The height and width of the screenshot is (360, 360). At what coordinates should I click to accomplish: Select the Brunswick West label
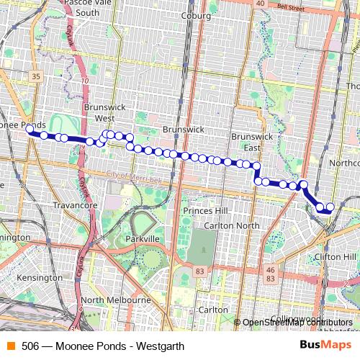coord(105,112)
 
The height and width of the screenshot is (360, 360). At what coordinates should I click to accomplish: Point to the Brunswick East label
coord(252,141)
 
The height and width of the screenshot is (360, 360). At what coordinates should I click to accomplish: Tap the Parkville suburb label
coord(141,238)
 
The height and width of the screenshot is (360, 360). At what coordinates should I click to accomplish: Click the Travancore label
coord(75,205)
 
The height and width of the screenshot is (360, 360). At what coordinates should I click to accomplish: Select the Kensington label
coord(42,277)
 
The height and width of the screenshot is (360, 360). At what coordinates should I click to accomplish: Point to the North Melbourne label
coord(115,300)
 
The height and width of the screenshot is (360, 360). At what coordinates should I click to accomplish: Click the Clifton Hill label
coord(336,256)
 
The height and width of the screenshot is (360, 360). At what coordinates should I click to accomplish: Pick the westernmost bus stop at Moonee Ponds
coord(30,130)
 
